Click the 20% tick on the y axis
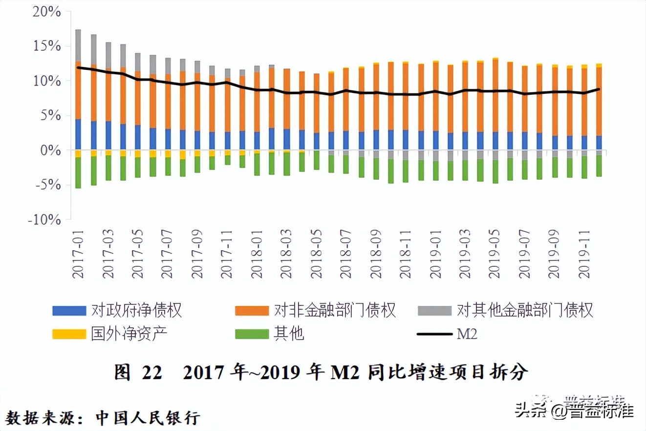(x=46, y=12)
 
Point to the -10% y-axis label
(x=44, y=220)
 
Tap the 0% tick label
(x=50, y=151)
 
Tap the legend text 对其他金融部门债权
(x=525, y=310)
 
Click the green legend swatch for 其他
(x=252, y=334)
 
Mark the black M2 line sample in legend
(x=434, y=334)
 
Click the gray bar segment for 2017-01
(x=78, y=45)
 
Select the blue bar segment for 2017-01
(x=78, y=134)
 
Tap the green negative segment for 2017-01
(x=78, y=172)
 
